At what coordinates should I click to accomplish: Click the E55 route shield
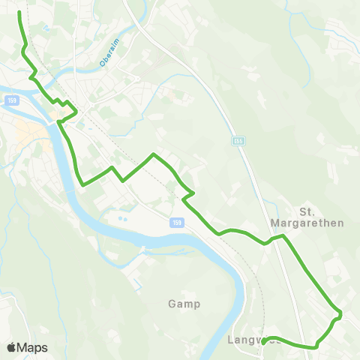[238, 140]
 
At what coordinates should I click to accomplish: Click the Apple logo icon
[11, 347]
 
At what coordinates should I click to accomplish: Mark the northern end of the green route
[19, 13]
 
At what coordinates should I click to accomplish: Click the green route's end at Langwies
[264, 341]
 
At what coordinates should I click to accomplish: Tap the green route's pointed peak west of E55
[153, 154]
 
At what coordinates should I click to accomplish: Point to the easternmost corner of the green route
[340, 313]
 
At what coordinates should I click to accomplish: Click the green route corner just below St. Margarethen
[283, 236]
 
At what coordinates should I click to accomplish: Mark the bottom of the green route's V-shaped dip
[80, 182]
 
